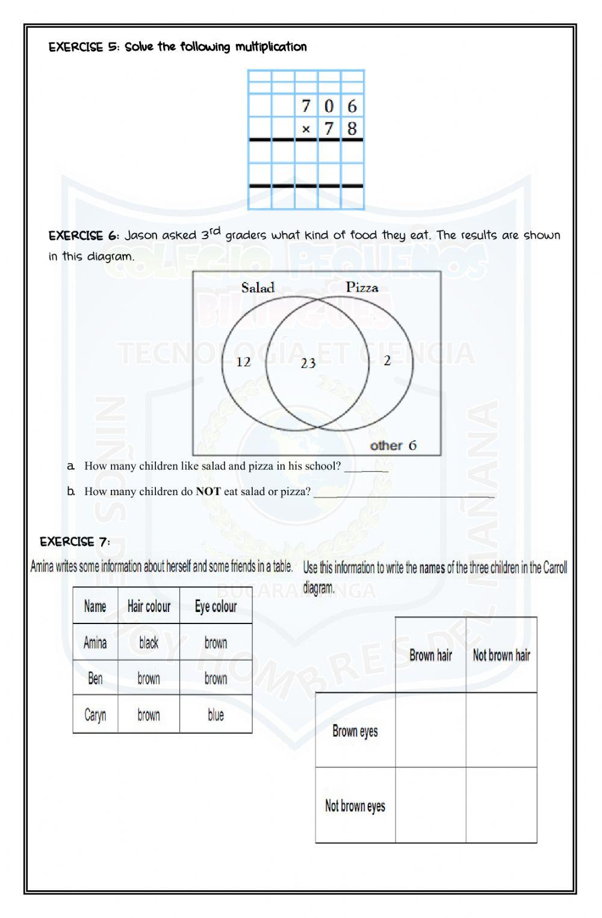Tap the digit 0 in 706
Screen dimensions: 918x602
(329, 106)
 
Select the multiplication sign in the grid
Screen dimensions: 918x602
(306, 129)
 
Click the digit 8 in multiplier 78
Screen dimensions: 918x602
(352, 128)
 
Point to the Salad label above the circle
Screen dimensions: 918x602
(258, 287)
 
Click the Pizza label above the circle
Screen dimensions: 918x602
(362, 287)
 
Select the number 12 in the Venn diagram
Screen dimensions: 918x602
(243, 361)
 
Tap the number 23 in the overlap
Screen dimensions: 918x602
(308, 363)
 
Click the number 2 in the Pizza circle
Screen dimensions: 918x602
(387, 360)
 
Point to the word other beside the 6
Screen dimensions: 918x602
(386, 446)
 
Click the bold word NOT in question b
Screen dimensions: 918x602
(208, 492)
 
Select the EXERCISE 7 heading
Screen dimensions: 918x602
(75, 542)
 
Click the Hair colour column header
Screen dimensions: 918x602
(149, 606)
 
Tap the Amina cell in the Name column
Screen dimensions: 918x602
(95, 643)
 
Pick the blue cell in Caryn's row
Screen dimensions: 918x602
(216, 715)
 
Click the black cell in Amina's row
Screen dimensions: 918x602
(149, 643)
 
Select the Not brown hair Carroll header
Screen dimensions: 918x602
(501, 655)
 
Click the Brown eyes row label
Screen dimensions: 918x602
(355, 731)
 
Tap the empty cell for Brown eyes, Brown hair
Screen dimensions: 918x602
(430, 730)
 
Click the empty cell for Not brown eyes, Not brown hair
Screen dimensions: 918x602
(501, 805)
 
